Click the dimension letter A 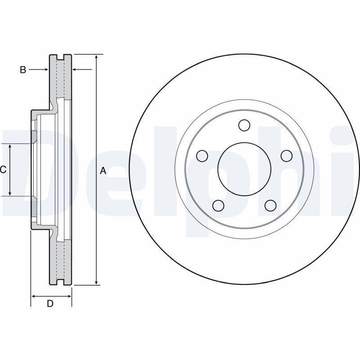click(103, 171)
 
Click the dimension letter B click(23, 70)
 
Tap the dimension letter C click(3, 170)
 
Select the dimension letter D click(50, 304)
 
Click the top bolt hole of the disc click(244, 125)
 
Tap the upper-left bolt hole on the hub click(202, 156)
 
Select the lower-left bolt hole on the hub click(218, 206)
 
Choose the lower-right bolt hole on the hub click(270, 206)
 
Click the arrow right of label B click(45, 70)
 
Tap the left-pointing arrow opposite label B click(76, 70)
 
